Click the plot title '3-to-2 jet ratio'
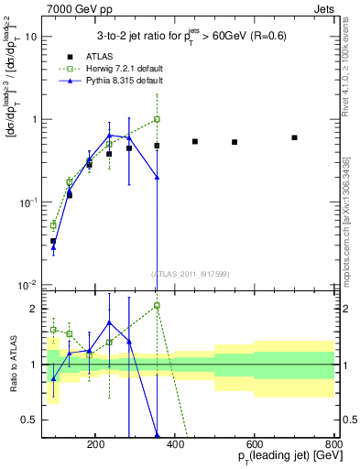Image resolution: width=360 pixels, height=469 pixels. click(x=190, y=36)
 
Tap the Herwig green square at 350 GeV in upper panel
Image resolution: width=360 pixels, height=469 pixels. click(x=157, y=119)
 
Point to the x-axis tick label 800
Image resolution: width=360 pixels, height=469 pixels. click(x=333, y=443)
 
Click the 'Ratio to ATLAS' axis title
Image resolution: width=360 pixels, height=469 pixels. click(x=12, y=364)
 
